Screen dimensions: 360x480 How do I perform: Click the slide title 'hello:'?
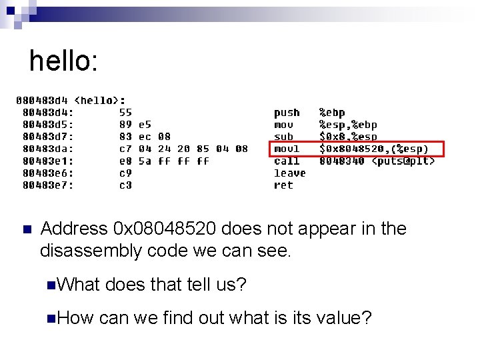pos(63,61)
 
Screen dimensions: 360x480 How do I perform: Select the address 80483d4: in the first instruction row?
pos(48,113)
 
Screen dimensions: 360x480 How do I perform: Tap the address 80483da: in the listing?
pos(48,149)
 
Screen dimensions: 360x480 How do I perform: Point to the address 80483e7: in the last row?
pos(48,185)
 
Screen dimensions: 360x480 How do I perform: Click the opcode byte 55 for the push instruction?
pos(125,113)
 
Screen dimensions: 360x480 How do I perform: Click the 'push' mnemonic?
pos(287,113)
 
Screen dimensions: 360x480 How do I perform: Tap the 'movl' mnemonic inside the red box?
pos(287,149)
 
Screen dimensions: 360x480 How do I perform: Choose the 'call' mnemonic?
pos(287,161)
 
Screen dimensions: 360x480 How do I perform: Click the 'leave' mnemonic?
pos(290,173)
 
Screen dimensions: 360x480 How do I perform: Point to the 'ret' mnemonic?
pos(283,185)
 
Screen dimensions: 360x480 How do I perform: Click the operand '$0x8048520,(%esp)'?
pos(374,149)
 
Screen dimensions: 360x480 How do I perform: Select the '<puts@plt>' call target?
pos(403,161)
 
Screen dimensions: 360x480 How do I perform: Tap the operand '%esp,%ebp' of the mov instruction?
pos(348,125)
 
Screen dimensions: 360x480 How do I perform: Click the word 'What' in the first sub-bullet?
pos(79,285)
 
